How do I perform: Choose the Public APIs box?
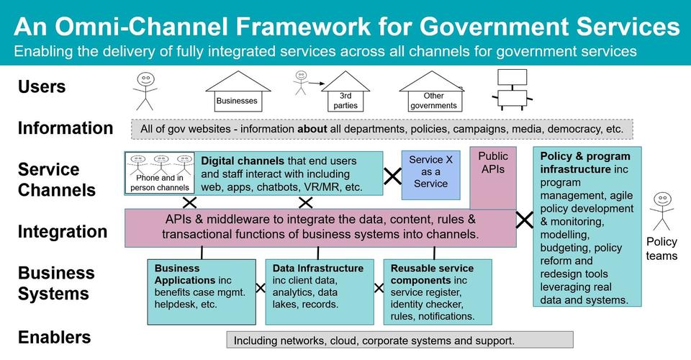pos(493,176)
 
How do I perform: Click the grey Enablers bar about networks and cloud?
pos(399,340)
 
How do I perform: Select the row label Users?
pos(42,87)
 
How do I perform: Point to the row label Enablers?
pos(55,337)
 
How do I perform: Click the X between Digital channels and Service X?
pos(392,176)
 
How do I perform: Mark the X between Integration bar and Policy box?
pos(524,219)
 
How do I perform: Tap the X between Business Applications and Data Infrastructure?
pos(261,288)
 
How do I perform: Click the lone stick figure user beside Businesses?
pos(145,90)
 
